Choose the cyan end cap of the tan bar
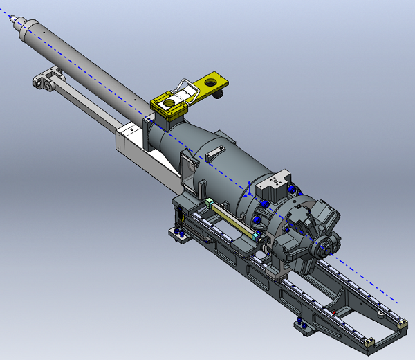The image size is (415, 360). [257, 237]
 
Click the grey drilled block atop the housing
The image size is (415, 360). [275, 184]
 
